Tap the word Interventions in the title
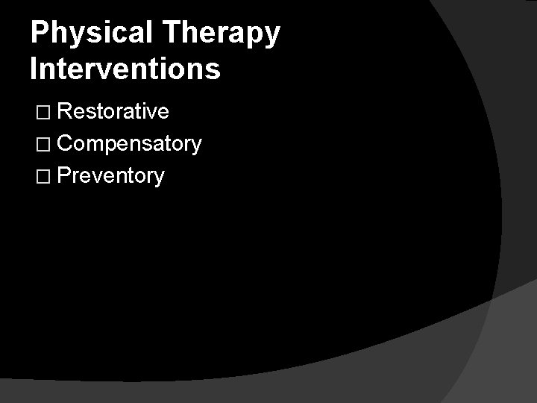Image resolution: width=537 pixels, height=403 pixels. [125, 69]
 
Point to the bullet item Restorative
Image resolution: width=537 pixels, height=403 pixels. [113, 112]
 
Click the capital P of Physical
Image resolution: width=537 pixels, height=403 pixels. [40, 34]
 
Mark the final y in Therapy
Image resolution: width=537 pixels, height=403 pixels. [272, 37]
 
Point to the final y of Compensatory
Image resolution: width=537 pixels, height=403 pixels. [196, 147]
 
